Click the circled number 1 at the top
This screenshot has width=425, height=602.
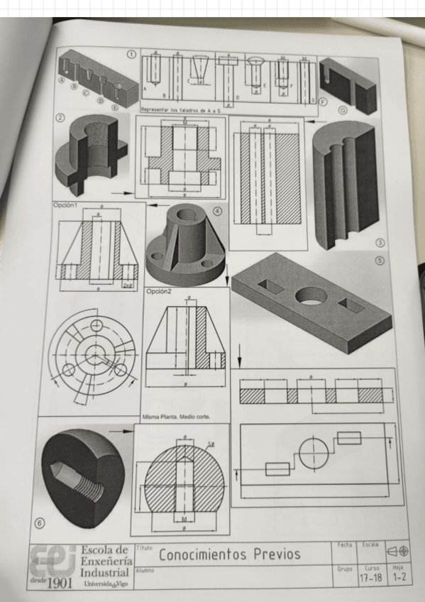pyautogui.click(x=131, y=55)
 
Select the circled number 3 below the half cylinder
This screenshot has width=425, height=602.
pyautogui.click(x=380, y=243)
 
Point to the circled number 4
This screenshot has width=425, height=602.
pyautogui.click(x=217, y=211)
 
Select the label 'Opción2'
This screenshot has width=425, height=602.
pyautogui.click(x=160, y=291)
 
